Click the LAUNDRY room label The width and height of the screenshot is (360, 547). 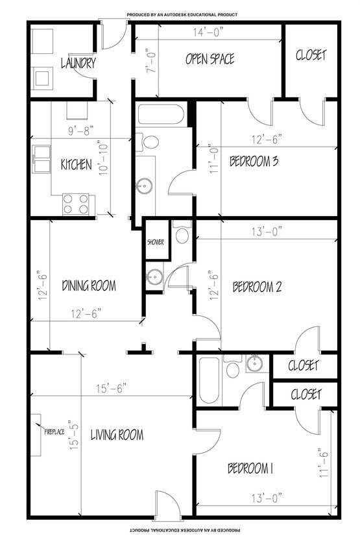tap(78, 63)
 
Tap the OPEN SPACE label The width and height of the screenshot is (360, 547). tap(210, 58)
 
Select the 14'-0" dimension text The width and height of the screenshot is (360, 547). tap(208, 32)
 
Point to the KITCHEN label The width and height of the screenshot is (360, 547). tap(77, 164)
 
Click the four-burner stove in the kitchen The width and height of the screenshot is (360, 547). tap(75, 204)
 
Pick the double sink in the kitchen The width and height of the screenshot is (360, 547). tap(42, 160)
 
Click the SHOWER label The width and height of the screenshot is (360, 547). tap(155, 242)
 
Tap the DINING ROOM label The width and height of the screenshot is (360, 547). tap(89, 286)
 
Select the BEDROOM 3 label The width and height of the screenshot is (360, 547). tap(254, 161)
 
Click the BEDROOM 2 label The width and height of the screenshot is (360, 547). tap(257, 287)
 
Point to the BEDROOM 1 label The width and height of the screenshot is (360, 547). tap(250, 468)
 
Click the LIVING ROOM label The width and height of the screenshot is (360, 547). tap(117, 435)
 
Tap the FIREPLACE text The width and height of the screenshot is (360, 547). tap(54, 432)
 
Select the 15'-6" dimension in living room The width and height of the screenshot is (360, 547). tap(112, 388)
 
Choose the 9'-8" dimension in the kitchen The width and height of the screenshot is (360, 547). tap(81, 131)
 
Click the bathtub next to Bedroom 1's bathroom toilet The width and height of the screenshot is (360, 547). tap(210, 380)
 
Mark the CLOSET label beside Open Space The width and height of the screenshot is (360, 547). tap(311, 55)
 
